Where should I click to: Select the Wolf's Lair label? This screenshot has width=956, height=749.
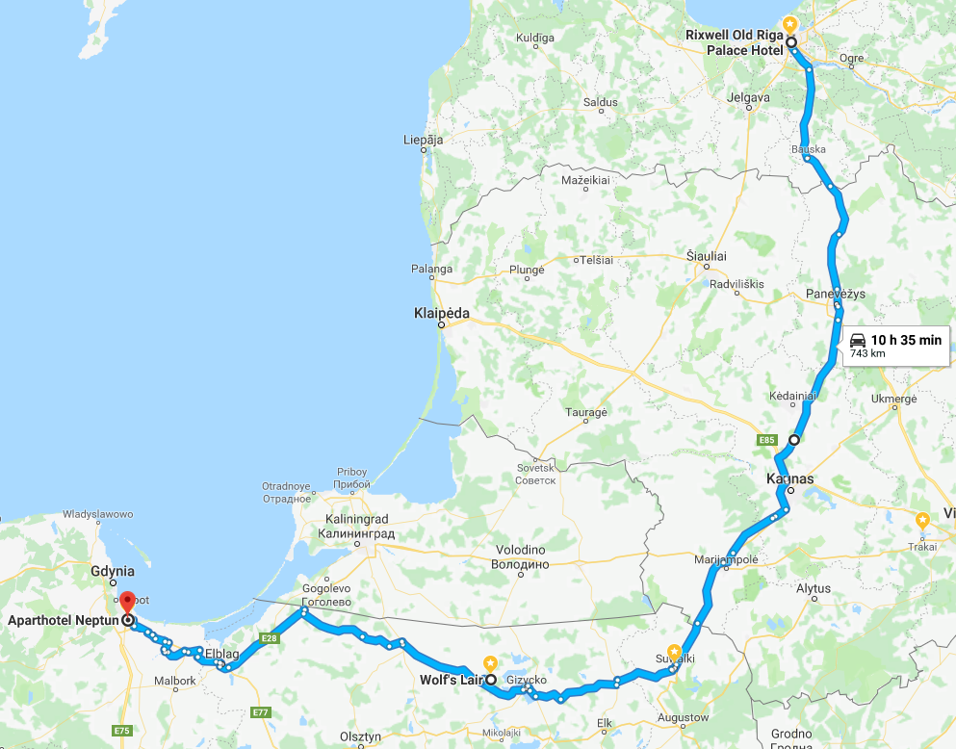point(450,680)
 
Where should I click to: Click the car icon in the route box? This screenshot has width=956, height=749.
point(858,340)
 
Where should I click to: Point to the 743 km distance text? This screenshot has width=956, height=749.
point(867,354)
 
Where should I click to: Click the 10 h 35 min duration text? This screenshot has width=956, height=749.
point(906,340)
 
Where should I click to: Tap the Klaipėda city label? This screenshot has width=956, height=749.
point(441,313)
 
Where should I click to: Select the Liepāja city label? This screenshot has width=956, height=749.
point(423,141)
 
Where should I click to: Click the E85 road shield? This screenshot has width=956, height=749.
point(766,440)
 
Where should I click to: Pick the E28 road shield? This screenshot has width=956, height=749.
point(269,638)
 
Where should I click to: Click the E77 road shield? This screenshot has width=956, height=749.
point(260,712)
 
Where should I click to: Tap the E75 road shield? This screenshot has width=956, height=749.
point(121,731)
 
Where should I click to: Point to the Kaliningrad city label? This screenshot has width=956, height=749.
point(358,525)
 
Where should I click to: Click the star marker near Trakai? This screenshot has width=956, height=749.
point(922,519)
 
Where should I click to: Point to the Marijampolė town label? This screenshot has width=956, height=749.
point(726,559)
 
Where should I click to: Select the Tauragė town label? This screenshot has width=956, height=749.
point(585,412)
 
